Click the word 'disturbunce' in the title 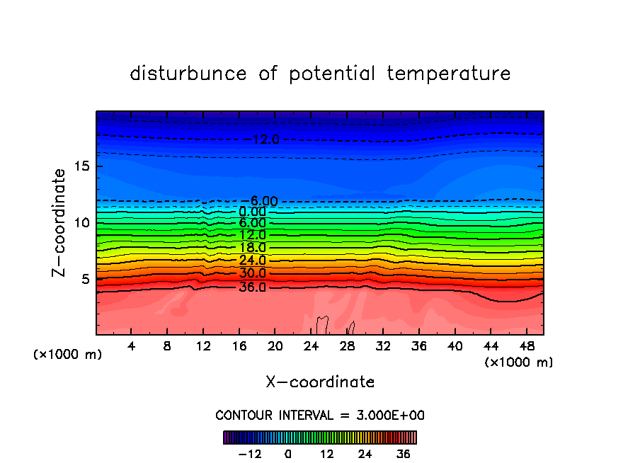pyautogui.click(x=189, y=74)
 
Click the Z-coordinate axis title pyautogui.click(x=59, y=222)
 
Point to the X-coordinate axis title pyautogui.click(x=320, y=382)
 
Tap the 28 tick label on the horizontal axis pyautogui.click(x=346, y=346)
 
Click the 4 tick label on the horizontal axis pyautogui.click(x=131, y=346)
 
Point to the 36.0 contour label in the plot pyautogui.click(x=252, y=287)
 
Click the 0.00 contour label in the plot pyautogui.click(x=252, y=212)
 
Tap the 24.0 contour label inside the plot pyautogui.click(x=252, y=261)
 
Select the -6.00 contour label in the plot pyautogui.click(x=258, y=201)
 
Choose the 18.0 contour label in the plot pyautogui.click(x=252, y=248)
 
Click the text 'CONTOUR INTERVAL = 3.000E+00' pyautogui.click(x=320, y=415)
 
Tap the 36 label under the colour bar pyautogui.click(x=404, y=454)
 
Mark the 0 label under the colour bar pyautogui.click(x=288, y=454)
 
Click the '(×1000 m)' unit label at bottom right pyautogui.click(x=518, y=362)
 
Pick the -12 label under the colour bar pyautogui.click(x=250, y=454)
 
